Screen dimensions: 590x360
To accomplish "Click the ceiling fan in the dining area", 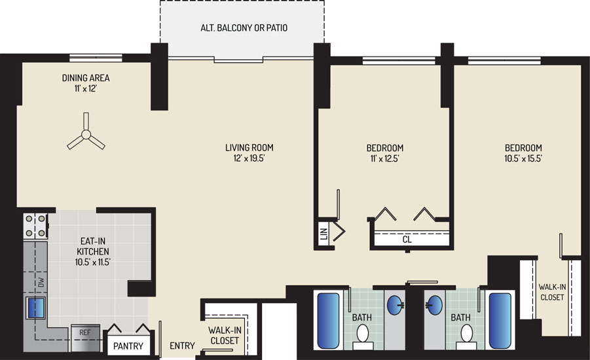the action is [86, 135].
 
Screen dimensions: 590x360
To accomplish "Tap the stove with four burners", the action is [35, 226].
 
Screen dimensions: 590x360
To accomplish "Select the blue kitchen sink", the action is [36, 308].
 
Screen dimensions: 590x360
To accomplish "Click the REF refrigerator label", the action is [85, 333].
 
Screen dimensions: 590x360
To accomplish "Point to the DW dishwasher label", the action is [41, 282].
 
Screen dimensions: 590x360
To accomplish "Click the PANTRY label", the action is [128, 346].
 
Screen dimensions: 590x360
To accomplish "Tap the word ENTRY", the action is [182, 346].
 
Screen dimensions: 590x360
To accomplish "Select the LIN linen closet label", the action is [324, 234].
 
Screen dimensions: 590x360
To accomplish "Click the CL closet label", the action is [407, 240].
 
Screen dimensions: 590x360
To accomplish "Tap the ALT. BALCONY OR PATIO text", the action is [244, 28].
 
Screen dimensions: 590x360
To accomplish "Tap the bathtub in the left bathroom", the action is [328, 321].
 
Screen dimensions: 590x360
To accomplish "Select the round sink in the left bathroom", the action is [396, 305].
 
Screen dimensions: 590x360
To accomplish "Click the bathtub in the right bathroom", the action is [500, 321].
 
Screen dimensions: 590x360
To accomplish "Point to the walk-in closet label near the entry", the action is [225, 336].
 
